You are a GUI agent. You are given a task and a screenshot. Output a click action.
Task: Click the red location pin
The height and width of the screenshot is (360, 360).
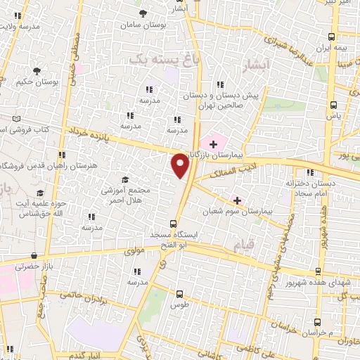point(181,165)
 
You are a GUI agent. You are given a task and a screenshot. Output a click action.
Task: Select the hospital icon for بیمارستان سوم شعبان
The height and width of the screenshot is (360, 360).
point(237,200)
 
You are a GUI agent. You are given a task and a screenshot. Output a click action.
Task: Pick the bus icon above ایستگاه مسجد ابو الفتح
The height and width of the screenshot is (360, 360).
point(174,224)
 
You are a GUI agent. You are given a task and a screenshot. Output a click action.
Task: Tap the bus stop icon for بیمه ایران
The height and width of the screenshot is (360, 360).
point(333,37)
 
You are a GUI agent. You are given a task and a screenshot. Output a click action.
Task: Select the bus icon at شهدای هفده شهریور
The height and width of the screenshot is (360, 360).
point(318,271)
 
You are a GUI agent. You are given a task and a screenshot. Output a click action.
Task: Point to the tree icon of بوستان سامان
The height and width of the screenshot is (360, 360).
point(143,13)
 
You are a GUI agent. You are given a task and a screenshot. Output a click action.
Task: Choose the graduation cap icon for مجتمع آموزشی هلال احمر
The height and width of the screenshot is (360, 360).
point(126,180)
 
